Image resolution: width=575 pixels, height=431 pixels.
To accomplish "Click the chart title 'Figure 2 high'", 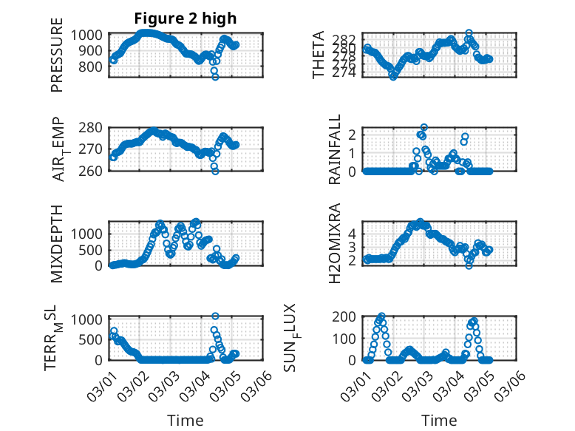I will click(186, 18).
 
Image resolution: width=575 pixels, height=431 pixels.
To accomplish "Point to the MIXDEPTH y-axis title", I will click(57, 243).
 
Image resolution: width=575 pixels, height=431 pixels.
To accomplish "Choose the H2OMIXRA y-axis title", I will click(334, 243).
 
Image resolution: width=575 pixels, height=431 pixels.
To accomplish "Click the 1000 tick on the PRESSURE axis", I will click(92, 35).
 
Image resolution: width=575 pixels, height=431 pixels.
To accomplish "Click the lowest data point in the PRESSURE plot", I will click(215, 77).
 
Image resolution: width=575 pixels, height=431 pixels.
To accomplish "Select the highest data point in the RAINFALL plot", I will click(424, 127).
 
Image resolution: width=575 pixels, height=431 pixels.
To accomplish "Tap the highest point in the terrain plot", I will click(215, 316).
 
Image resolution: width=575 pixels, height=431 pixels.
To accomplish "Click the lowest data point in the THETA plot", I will click(393, 77).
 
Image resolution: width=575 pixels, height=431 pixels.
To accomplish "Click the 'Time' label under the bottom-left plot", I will click(186, 420).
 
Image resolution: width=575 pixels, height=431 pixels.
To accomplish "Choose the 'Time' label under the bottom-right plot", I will click(440, 420).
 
